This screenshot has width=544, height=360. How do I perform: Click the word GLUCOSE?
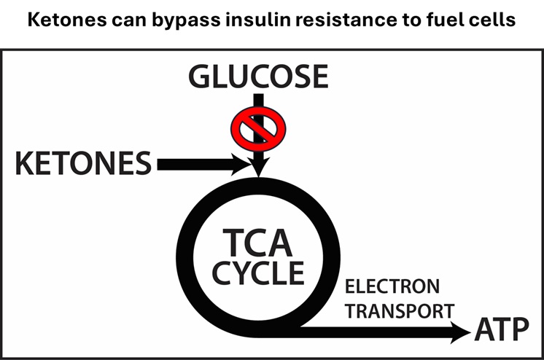258,78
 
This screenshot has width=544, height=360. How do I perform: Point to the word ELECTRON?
392,286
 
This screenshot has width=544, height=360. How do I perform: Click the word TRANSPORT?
400,311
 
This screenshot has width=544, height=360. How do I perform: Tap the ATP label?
502,332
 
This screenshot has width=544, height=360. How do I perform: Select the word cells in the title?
494,20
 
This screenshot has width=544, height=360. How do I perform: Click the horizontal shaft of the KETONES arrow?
193,165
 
